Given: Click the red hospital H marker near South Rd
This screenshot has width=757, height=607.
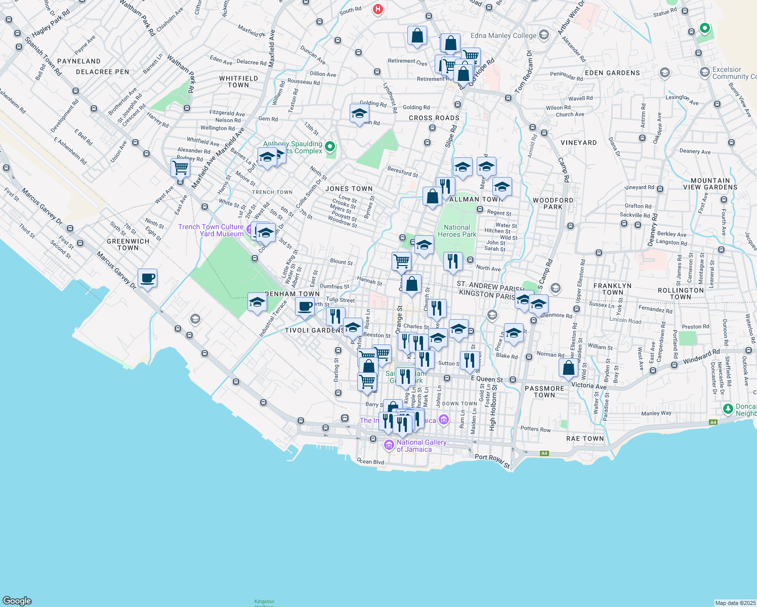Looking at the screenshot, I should pos(377,9).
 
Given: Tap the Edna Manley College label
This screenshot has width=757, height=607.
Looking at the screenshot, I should pos(503,35).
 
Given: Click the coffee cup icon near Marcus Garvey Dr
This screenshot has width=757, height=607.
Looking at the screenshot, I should pos(147,278).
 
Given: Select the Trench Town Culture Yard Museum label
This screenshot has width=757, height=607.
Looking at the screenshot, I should pos(211,230).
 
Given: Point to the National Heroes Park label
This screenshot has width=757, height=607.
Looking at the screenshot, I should pos(457,231).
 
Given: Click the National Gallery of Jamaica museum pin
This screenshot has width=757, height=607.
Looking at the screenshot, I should pos(389,445).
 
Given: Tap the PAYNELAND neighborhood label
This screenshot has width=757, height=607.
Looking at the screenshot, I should pos(79,61).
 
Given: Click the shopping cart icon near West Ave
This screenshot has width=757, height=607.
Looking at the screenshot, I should pos(181,168).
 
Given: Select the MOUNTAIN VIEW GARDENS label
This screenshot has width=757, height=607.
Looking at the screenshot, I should pos(710,184).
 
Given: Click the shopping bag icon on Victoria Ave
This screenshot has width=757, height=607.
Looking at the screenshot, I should pos(568,368).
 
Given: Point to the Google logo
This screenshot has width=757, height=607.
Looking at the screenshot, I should pos(17,600).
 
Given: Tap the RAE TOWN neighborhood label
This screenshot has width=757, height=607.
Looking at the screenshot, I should pos(585,439).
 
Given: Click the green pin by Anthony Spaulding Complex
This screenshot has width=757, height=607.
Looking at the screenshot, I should pos(330,147).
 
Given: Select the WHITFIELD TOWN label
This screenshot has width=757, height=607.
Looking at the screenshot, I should pos(238,81).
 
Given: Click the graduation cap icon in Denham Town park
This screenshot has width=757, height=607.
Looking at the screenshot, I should pos(257,302).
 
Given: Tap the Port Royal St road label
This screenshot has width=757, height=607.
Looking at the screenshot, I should pos(492,460).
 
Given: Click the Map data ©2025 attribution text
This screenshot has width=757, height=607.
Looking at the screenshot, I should pos(734,602).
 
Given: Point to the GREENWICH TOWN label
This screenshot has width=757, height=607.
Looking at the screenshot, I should pos(128,244).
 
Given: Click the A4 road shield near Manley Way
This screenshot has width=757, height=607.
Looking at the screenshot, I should pos(713,422).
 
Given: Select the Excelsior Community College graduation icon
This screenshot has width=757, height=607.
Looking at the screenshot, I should pos(704,73).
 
